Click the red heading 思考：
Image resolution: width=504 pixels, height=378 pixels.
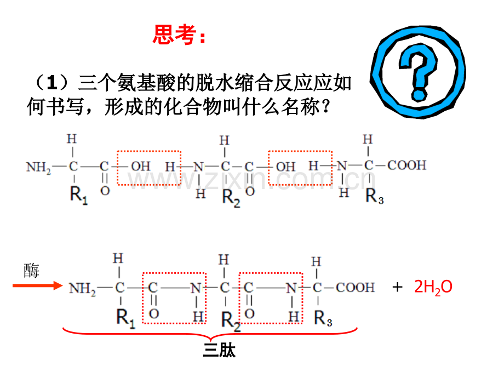180,36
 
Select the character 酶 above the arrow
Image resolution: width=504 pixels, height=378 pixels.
31,270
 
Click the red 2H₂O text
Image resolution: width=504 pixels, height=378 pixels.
433,287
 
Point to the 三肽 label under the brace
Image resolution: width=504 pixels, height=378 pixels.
219,351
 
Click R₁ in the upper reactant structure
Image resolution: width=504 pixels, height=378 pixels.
78,194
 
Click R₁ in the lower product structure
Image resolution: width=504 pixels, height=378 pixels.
125,317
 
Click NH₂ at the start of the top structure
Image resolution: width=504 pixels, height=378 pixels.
39,166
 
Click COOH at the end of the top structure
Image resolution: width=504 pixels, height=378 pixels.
406,165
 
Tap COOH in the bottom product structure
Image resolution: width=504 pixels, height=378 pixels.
356,287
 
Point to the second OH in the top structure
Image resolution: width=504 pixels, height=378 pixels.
285,166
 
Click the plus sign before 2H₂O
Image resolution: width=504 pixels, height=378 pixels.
398,287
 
